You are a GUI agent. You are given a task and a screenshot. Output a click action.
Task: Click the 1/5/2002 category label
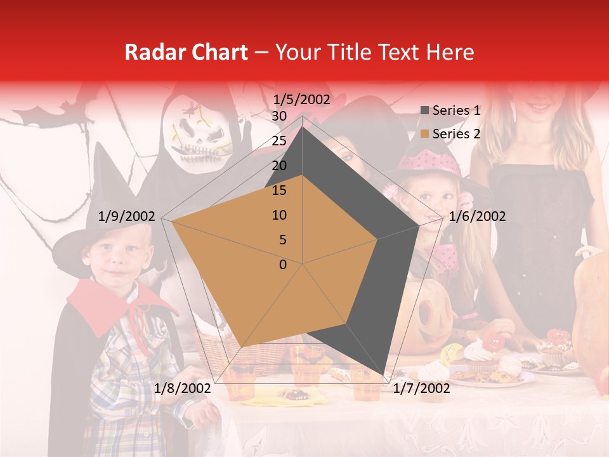pos(302,99)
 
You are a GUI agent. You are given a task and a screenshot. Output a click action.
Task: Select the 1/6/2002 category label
pos(477,216)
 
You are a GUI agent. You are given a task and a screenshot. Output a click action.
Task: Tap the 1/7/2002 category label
pos(421,388)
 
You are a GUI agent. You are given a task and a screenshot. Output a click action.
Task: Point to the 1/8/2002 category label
pos(183,388)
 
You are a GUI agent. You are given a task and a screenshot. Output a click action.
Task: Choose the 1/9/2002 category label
pos(127,216)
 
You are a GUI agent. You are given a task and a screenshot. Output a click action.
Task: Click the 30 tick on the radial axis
pos(278,116)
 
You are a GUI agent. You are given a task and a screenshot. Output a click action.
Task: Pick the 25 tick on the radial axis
pos(278,141)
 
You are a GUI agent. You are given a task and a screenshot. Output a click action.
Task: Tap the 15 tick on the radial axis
pos(278,190)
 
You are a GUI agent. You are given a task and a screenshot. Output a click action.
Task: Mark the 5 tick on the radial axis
pos(282,240)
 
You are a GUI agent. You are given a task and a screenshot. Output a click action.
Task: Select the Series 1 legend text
pos(456,110)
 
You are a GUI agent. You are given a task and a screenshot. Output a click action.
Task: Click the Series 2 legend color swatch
pos(425,134)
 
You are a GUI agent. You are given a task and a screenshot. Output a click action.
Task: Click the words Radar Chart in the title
pos(186,52)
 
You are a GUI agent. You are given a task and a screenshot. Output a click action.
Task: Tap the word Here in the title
pos(450,52)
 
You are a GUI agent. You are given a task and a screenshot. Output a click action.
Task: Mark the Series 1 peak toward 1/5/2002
pos(303,127)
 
